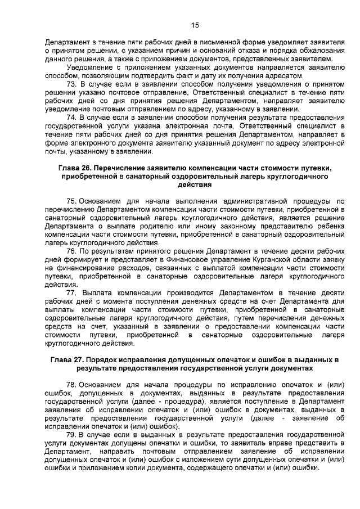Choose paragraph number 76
[x=71, y=251]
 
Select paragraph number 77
[x=71, y=293]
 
